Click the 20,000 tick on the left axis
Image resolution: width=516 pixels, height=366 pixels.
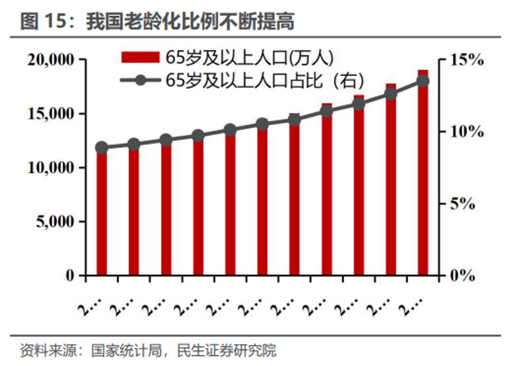(x=52, y=60)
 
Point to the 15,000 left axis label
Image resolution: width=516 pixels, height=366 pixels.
(x=52, y=114)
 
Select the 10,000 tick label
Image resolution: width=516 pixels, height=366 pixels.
(x=52, y=168)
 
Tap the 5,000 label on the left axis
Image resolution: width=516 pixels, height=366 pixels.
(x=55, y=222)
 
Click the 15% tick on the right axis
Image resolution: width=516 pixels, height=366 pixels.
(x=466, y=60)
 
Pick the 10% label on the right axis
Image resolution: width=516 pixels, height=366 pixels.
(x=466, y=131)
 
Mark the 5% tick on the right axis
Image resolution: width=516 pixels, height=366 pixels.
(x=462, y=203)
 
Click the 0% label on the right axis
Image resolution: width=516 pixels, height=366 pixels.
(x=462, y=275)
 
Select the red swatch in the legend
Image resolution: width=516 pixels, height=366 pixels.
(x=140, y=57)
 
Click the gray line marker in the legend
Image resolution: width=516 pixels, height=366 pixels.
(x=140, y=80)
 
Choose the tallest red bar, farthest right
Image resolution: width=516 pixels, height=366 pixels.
(x=423, y=172)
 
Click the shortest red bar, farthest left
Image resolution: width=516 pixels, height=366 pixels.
(x=101, y=211)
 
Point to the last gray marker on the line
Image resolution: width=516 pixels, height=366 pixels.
(x=423, y=81)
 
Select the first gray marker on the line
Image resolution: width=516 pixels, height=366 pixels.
(x=101, y=148)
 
